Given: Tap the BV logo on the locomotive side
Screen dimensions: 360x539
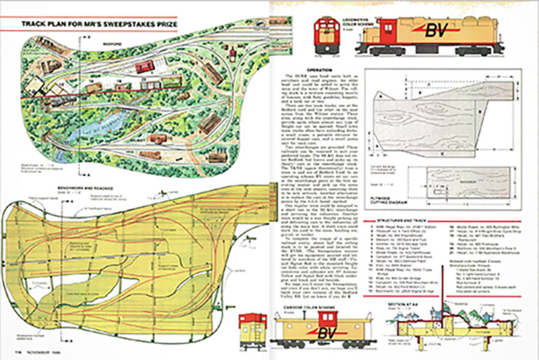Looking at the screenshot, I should tap(436, 30).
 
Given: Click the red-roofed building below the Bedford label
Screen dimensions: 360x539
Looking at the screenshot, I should tap(145, 66).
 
